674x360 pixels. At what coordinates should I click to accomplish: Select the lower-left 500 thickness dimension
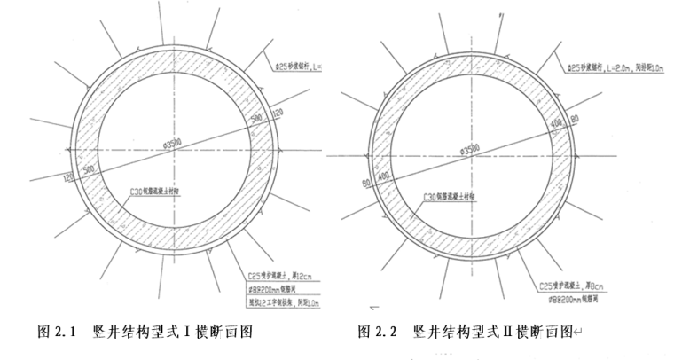[x=88, y=166]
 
